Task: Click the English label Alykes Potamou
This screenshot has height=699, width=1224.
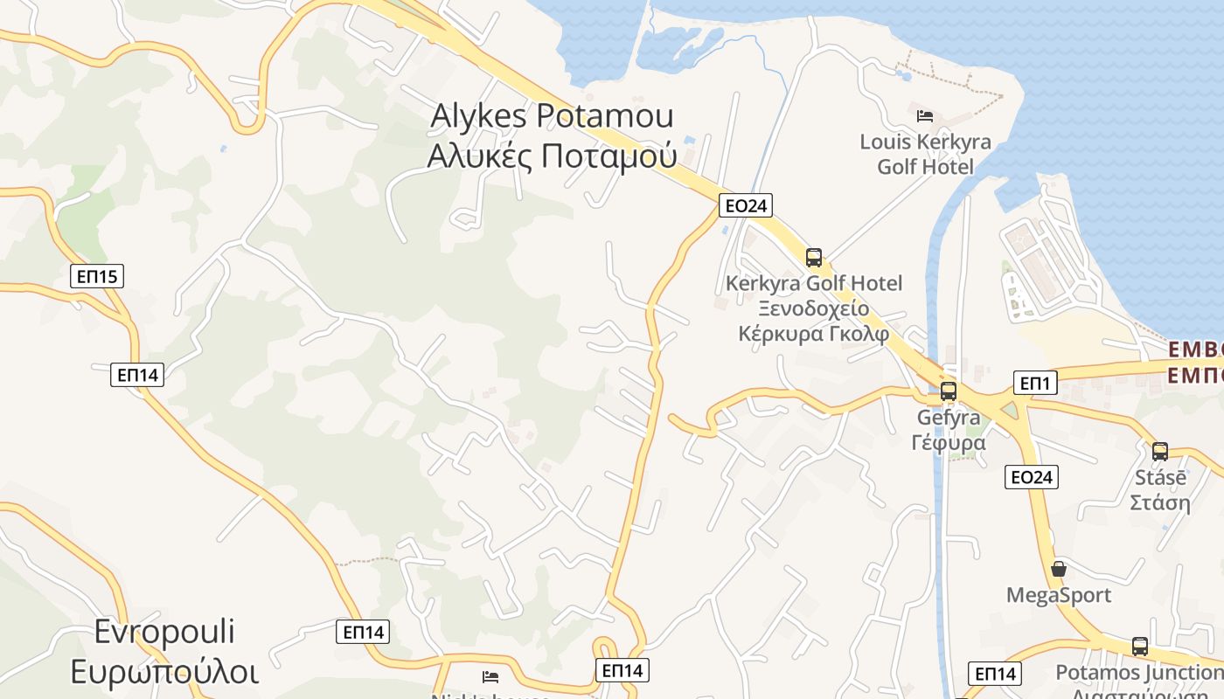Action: click(x=552, y=117)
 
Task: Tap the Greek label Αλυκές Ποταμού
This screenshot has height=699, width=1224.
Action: click(x=552, y=156)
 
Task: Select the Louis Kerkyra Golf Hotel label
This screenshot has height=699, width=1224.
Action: click(x=925, y=154)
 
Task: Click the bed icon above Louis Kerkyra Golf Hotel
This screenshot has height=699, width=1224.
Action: click(x=925, y=115)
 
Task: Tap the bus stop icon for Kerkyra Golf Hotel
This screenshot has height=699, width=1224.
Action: click(x=814, y=257)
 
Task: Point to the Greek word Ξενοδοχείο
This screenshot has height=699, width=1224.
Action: click(x=813, y=308)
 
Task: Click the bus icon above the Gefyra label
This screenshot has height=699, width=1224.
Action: click(x=948, y=391)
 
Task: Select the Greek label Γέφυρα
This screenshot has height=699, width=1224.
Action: click(x=948, y=442)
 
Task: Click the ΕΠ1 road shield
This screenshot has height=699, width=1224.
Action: click(x=1036, y=383)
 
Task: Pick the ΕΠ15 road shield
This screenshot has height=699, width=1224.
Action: click(x=97, y=277)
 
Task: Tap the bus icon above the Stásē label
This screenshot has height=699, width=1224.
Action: click(x=1160, y=451)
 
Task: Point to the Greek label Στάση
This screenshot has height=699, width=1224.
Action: click(x=1160, y=502)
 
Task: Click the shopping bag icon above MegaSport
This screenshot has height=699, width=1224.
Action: click(x=1059, y=569)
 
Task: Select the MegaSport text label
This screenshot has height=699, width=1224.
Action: click(x=1059, y=595)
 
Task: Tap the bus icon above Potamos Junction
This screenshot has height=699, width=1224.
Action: click(x=1139, y=647)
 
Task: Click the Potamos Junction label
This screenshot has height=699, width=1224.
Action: click(x=1139, y=672)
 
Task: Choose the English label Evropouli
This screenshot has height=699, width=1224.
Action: click(x=165, y=632)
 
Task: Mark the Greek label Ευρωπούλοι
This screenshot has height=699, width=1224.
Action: click(x=165, y=672)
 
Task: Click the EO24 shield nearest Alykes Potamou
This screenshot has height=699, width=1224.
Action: click(x=746, y=205)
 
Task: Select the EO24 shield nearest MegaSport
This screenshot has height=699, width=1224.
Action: click(x=1032, y=476)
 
